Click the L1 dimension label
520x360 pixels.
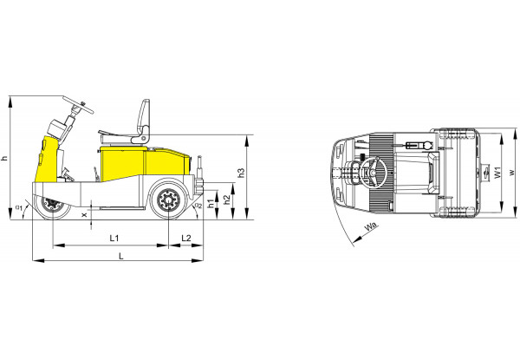click(114, 238)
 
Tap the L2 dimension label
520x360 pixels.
click(186, 238)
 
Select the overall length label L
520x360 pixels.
click(121, 256)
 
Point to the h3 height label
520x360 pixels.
click(242, 173)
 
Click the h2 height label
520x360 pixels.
click(227, 200)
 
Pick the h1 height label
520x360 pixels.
click(211, 204)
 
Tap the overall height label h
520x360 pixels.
click(4, 158)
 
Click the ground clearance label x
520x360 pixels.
click(84, 215)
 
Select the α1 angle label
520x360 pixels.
click(19, 207)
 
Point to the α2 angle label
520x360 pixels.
click(198, 206)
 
